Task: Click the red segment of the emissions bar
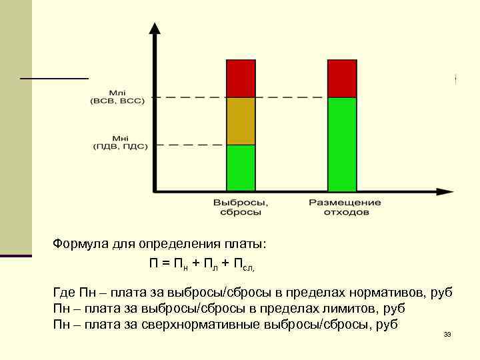coord(241,79)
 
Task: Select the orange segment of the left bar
coord(241,121)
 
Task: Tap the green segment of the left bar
coord(241,167)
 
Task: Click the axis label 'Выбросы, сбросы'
coord(241,207)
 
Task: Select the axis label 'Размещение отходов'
coord(345,207)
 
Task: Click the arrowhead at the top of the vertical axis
coord(155,28)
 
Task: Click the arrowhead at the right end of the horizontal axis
coord(446,192)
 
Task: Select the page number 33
coord(447,334)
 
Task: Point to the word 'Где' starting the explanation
coord(64,293)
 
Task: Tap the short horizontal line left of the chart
coord(54,78)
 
